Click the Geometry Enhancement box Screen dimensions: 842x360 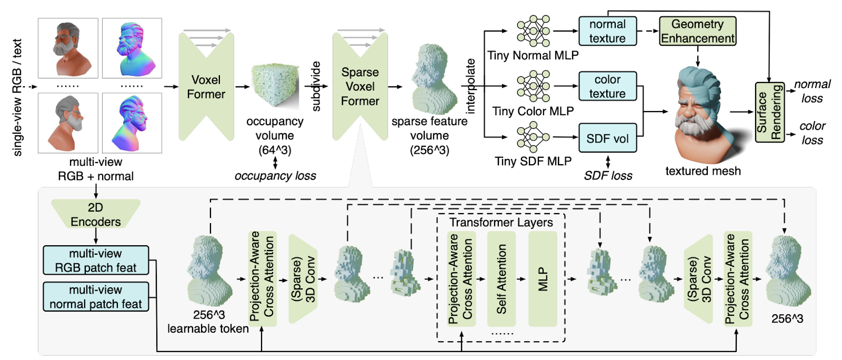[x=698, y=31]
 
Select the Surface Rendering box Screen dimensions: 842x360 [x=770, y=112]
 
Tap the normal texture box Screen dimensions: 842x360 [x=607, y=31]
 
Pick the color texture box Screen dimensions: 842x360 [x=607, y=86]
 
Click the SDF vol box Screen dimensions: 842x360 [x=607, y=138]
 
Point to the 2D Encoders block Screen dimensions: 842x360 [x=96, y=214]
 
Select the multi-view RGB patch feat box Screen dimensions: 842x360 [x=96, y=260]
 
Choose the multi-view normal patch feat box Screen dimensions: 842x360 [x=96, y=296]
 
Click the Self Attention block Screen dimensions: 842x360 [x=502, y=279]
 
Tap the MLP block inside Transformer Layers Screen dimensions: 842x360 [x=543, y=279]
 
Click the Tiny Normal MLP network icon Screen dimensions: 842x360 [x=534, y=31]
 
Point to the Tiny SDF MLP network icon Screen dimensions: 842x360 [x=534, y=137]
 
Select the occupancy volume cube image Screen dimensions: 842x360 [x=276, y=86]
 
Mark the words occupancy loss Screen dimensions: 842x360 [x=275, y=175]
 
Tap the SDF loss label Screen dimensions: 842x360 [x=608, y=175]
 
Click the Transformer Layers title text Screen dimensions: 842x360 [x=501, y=223]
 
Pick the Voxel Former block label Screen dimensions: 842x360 [x=206, y=87]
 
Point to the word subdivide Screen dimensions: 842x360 [x=316, y=86]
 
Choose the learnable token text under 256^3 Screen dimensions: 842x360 [x=208, y=329]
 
